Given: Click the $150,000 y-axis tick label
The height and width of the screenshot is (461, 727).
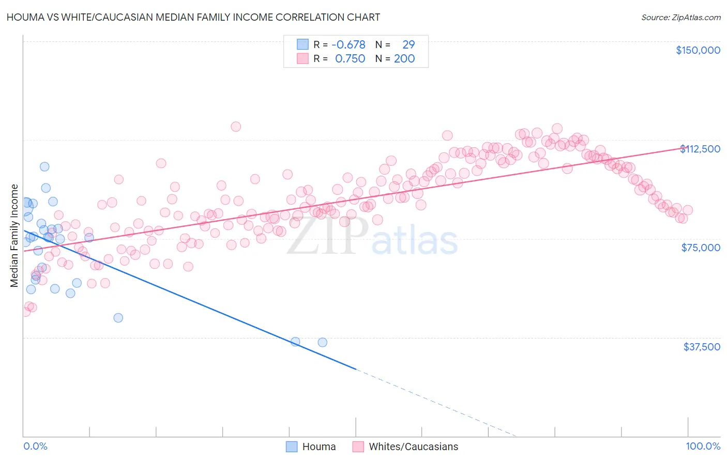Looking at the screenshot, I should click(698, 50).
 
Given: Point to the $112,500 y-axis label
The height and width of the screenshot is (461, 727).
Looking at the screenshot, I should click(700, 149).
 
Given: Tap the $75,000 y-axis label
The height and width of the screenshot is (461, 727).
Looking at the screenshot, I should click(701, 248).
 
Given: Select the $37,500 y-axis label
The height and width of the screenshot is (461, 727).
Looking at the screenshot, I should click(702, 347).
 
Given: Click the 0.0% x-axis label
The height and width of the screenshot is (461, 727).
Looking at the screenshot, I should click(35, 447).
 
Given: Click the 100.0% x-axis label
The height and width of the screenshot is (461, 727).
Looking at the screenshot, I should click(703, 447).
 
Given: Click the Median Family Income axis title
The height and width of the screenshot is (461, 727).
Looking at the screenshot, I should click(14, 236).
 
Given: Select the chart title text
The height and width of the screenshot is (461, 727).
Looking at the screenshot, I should click(193, 17).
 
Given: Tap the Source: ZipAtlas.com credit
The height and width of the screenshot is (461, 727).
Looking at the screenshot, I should click(680, 17).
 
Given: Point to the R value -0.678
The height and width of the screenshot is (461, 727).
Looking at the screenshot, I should click(349, 44).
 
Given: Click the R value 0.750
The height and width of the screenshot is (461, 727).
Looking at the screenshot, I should click(350, 59).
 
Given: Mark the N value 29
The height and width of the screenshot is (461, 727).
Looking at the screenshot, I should click(408, 44).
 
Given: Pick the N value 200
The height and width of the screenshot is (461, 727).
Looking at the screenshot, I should click(404, 59).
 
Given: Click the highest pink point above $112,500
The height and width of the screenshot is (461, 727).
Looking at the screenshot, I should click(236, 127).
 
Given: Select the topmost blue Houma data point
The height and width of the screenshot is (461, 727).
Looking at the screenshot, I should click(44, 166).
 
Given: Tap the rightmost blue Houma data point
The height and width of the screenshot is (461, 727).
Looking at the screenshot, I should click(322, 342).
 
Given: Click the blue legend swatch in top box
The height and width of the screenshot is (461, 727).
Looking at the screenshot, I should click(302, 44).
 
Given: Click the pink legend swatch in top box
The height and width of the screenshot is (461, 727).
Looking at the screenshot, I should click(302, 59).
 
